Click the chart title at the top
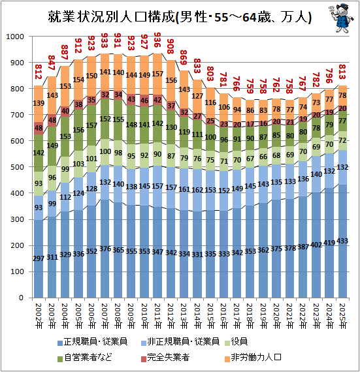click(x=180, y=17)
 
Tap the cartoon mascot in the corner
click(x=341, y=18)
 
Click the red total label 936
click(x=157, y=40)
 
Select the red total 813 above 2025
click(x=342, y=72)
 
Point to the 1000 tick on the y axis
click(x=15, y=37)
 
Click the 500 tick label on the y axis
click(x=17, y=167)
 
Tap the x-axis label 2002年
click(x=39, y=316)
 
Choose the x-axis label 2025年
click(x=342, y=316)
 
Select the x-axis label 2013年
click(x=184, y=316)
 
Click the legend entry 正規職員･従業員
click(x=92, y=342)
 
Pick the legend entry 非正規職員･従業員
click(x=180, y=342)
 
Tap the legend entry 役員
click(x=236, y=342)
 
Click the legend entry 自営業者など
click(x=84, y=358)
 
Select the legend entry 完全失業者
click(x=165, y=358)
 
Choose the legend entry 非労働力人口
click(x=253, y=358)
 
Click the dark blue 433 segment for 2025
click(x=342, y=241)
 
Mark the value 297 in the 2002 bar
click(x=39, y=258)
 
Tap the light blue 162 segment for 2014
click(x=197, y=190)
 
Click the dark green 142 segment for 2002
click(x=39, y=153)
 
